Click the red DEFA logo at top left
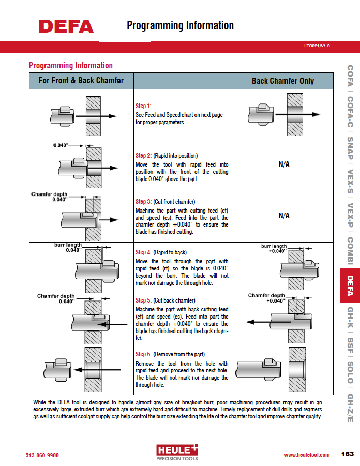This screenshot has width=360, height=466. tap(66, 26)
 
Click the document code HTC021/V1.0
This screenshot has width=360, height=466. tap(316, 46)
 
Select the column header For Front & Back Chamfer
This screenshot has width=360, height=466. tap(81, 81)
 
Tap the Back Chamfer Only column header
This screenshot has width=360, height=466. tap(282, 81)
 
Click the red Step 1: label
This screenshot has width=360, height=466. tap(143, 106)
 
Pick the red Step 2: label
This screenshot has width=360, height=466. tap(143, 156)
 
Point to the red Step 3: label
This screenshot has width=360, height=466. tap(143, 202)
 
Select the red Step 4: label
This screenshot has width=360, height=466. tap(143, 252)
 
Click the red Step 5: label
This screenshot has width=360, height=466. tap(143, 300)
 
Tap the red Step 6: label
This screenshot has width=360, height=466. tap(143, 354)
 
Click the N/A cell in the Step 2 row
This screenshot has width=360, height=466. tap(284, 164)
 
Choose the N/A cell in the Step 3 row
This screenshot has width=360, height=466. tap(284, 215)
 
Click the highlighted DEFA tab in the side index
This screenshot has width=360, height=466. tap(350, 286)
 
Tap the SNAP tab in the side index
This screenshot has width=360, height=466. tap(350, 148)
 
